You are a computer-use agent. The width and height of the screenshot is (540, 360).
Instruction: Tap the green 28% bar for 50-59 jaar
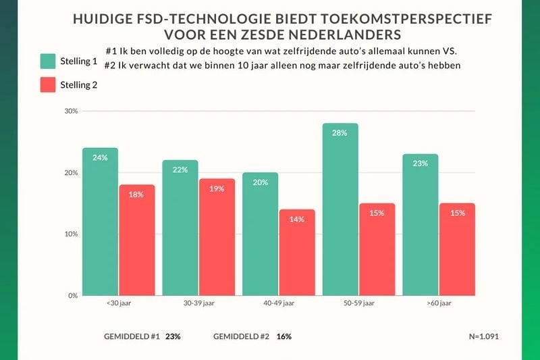[340, 209]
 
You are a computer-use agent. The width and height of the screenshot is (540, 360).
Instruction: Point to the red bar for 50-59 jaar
[377, 249]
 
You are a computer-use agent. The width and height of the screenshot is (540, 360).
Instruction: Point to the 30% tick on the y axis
[70, 111]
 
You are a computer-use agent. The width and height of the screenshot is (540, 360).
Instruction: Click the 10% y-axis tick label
[70, 234]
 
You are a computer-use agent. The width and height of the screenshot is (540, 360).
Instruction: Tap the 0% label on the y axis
[72, 296]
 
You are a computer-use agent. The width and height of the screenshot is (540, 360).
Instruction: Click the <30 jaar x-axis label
[119, 304]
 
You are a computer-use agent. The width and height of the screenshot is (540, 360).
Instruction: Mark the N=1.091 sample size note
[483, 336]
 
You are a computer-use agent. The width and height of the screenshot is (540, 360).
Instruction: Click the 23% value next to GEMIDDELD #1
[172, 336]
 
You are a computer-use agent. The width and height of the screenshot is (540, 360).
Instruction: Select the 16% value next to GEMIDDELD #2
[284, 336]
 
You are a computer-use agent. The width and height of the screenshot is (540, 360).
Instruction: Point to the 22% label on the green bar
[180, 170]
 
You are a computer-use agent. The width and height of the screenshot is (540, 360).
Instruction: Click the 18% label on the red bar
[137, 195]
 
